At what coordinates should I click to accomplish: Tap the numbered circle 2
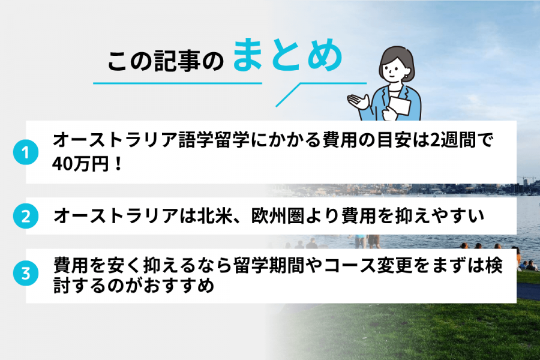(x=25, y=216)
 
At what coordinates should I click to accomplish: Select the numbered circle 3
(x=25, y=274)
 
